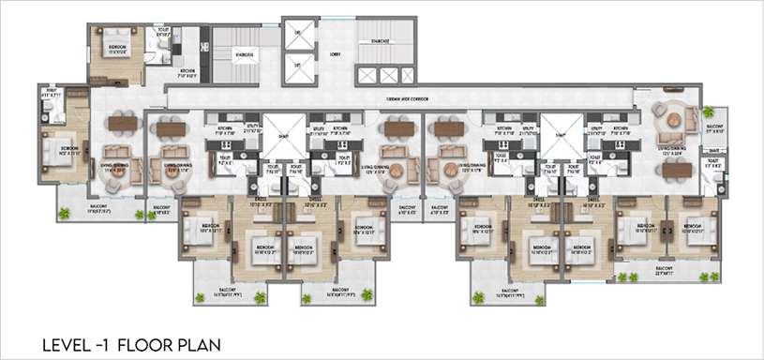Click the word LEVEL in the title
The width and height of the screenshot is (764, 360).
pyautogui.click(x=64, y=344)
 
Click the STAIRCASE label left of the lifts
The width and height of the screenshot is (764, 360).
pyautogui.click(x=247, y=55)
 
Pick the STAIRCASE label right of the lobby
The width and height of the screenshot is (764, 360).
pyautogui.click(x=378, y=41)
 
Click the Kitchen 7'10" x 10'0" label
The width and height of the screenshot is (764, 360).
pyautogui.click(x=189, y=74)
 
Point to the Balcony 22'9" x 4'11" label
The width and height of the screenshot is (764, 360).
pyautogui.click(x=664, y=270)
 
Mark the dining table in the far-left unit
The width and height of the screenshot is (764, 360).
pyautogui.click(x=123, y=123)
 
